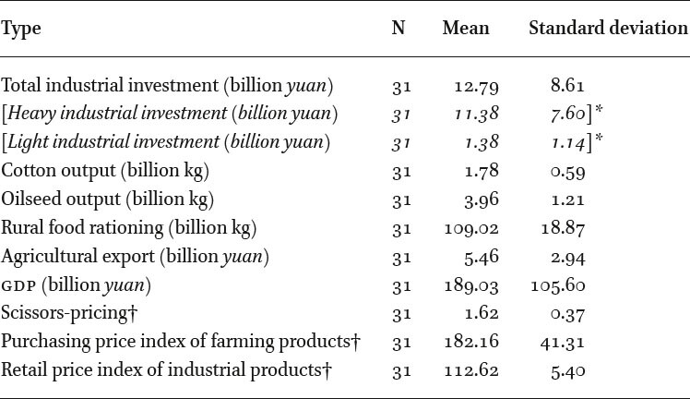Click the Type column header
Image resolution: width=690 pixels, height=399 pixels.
[x=20, y=30]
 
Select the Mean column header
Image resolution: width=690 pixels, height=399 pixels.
[x=466, y=29]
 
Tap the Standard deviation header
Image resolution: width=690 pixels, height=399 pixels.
[x=608, y=29]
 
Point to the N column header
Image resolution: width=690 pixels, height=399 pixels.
[x=399, y=29]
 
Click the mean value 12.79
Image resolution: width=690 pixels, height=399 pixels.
[x=477, y=87]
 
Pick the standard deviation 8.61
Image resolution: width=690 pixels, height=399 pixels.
[x=567, y=85]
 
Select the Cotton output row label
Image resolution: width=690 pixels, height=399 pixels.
[x=105, y=171]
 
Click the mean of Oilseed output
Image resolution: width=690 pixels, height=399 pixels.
[x=482, y=199]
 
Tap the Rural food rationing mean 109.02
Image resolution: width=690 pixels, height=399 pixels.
[x=471, y=228]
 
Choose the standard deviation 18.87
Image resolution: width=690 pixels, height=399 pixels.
[x=564, y=228]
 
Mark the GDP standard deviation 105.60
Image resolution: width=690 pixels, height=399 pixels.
[x=558, y=285]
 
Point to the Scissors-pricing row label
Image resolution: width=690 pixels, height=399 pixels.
[x=69, y=313]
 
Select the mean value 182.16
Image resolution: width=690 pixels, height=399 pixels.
[x=471, y=342]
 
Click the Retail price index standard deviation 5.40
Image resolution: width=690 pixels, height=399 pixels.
[x=568, y=371]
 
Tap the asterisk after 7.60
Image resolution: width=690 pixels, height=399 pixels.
[x=599, y=109]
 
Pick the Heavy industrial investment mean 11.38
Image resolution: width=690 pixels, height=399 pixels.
[x=477, y=114]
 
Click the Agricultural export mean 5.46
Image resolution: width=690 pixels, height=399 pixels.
[x=482, y=257]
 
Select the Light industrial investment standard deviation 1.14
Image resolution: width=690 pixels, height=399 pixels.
[x=568, y=142]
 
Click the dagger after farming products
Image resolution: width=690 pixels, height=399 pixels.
[x=356, y=341]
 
